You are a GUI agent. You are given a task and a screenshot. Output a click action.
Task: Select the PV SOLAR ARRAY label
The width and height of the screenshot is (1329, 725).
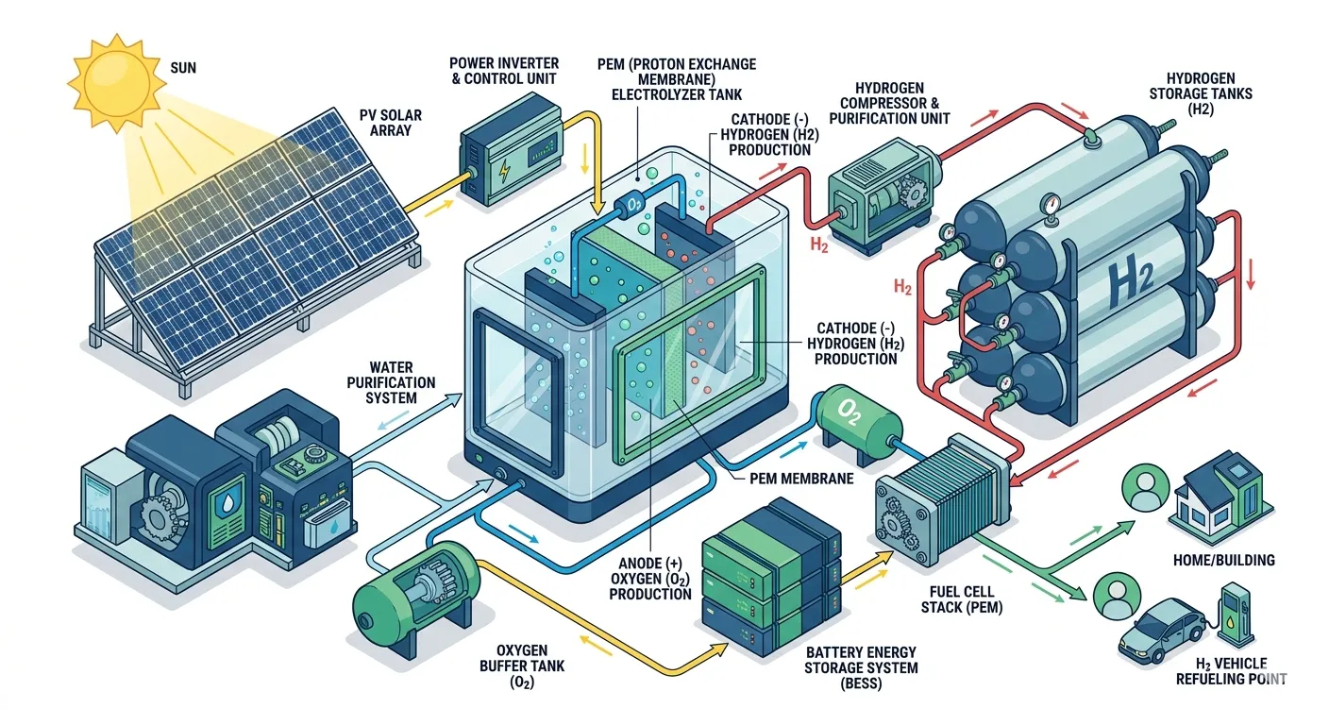[391, 123]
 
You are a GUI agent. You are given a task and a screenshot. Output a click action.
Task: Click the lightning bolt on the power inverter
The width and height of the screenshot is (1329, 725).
[503, 172]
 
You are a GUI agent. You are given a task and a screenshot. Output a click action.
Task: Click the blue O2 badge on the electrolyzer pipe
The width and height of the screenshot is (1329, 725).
[630, 205]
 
